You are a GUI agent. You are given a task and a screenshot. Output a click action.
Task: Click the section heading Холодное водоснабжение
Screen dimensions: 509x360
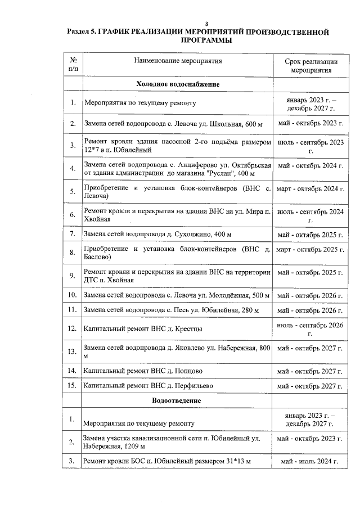click(177, 84)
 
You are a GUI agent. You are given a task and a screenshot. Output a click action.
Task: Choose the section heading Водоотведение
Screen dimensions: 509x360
click(177, 400)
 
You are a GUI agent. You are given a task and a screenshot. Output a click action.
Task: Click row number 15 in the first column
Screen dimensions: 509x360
click(73, 386)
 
